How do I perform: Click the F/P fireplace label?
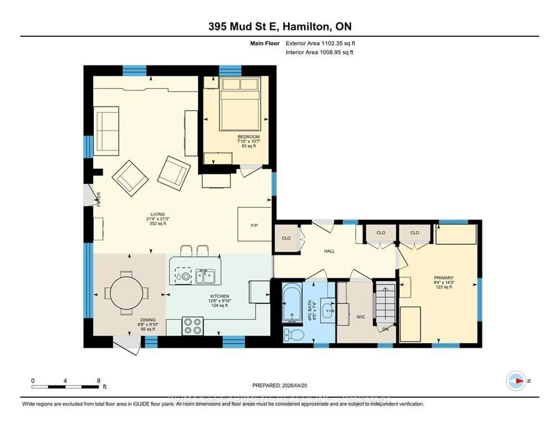(254, 225)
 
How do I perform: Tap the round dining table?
(127, 293)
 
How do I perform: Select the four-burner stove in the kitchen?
(192, 326)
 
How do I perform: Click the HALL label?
(329, 251)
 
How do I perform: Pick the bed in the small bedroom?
(240, 104)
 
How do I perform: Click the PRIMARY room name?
(444, 278)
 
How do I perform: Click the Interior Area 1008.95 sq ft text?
(319, 52)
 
